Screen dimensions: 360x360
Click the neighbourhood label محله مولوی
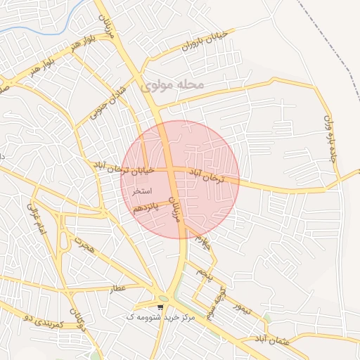[x=172, y=86]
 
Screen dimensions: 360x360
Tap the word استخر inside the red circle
[x=141, y=191]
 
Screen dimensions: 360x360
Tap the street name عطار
[x=117, y=288]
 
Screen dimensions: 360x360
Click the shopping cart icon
[x=162, y=307]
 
